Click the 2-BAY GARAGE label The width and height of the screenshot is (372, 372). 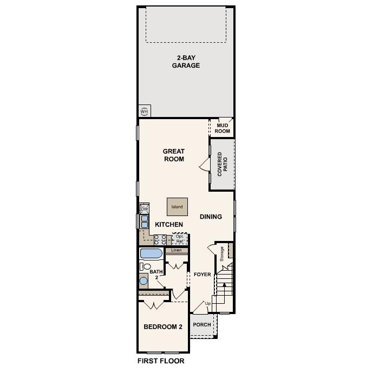186,61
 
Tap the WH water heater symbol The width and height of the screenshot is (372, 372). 144,111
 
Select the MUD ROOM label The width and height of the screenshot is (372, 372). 223,128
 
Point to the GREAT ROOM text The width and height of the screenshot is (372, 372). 174,155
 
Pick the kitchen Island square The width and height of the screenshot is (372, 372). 177,207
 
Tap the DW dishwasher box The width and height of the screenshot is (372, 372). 145,209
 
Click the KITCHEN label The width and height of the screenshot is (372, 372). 169,224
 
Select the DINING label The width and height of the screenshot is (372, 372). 211,217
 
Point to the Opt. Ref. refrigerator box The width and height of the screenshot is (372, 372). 180,239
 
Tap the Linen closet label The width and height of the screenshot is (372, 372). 177,251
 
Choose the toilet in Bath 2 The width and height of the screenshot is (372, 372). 145,266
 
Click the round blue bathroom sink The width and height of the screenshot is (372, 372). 143,280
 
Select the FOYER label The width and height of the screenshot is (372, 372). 202,275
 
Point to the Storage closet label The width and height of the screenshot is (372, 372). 222,253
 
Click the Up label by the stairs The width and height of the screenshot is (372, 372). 207,303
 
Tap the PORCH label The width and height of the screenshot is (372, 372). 202,325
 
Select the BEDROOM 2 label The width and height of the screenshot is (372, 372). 162,327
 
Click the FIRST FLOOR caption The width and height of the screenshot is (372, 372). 161,361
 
